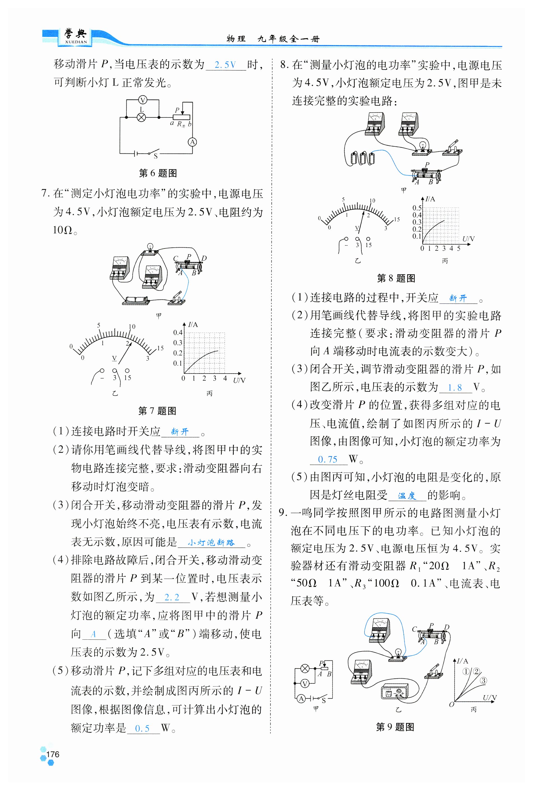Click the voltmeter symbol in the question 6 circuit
143,100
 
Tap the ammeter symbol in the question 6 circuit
192,142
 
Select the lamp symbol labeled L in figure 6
141,118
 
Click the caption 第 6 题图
158,173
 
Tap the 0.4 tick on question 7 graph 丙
178,332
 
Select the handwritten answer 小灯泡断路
211,543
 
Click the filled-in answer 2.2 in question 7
172,597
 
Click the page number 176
53,754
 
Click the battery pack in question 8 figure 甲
363,158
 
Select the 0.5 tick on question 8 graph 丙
417,208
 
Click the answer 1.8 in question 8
455,388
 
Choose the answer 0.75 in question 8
328,460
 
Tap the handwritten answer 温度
407,496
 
